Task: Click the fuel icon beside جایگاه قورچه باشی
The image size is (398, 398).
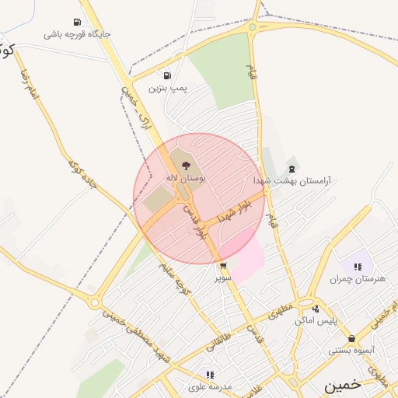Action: tap(76, 22)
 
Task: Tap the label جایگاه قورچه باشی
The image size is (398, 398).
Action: tap(77, 34)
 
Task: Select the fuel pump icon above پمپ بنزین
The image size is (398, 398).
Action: tap(166, 76)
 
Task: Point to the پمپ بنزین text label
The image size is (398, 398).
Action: tap(168, 89)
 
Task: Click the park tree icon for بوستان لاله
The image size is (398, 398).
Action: tap(185, 166)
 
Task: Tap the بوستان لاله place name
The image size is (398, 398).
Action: tap(185, 178)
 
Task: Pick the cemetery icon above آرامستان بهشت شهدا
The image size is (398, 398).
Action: tap(292, 168)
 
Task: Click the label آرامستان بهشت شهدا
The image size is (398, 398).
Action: tap(292, 180)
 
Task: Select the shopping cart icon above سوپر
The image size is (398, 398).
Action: tap(224, 266)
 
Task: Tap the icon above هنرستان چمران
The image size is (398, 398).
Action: tap(358, 267)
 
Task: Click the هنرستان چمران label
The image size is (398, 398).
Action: tap(358, 279)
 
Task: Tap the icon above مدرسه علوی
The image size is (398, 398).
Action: tap(210, 374)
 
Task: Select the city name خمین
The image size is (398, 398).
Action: tap(343, 385)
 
